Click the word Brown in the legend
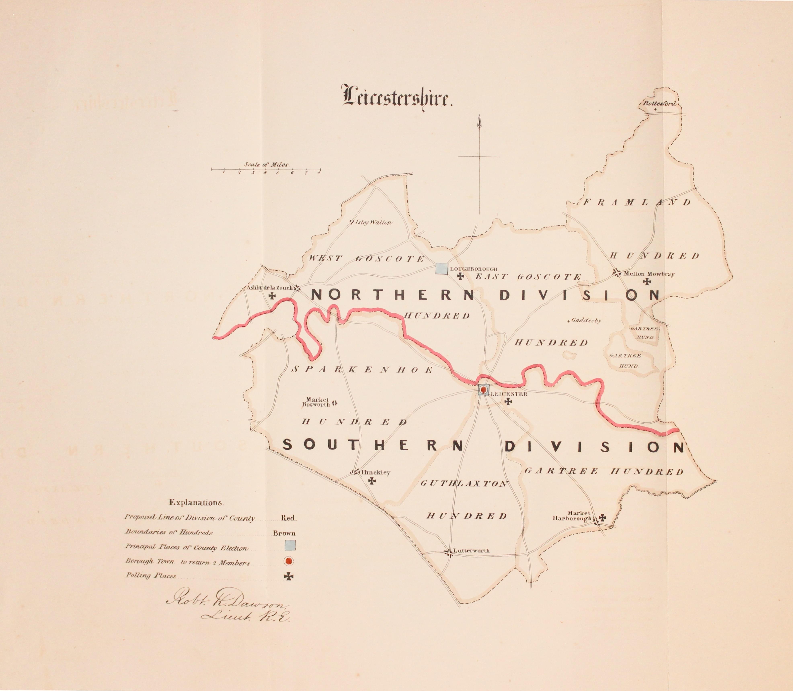pos(284,533)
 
